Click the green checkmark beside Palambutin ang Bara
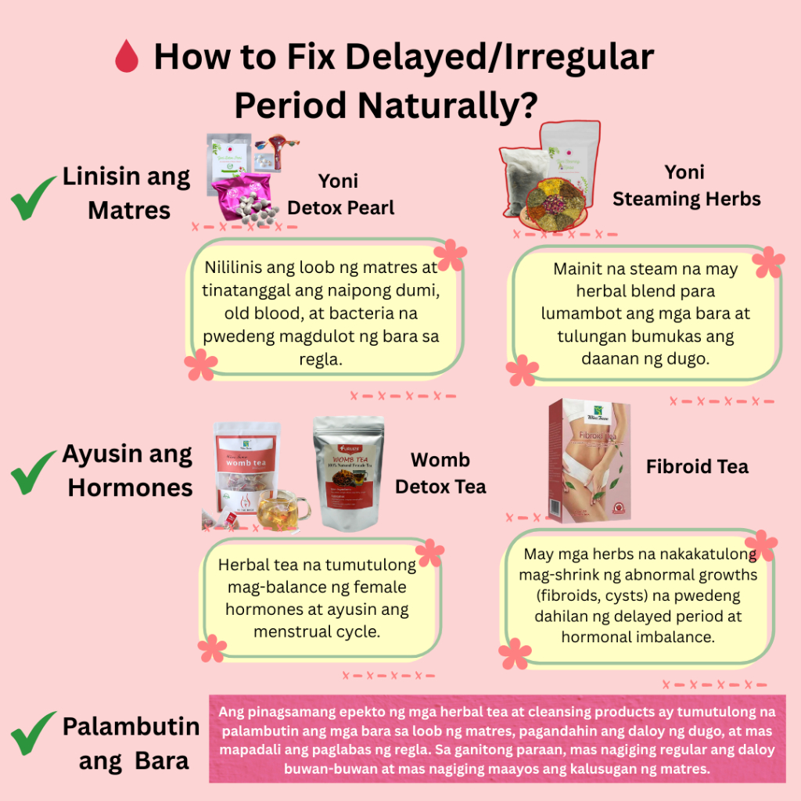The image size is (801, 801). (x=33, y=738)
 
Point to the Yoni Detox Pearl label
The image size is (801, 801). (x=340, y=194)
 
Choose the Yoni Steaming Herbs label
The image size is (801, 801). (x=686, y=185)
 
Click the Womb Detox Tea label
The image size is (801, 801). (x=440, y=472)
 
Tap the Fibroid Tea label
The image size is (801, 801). (x=697, y=467)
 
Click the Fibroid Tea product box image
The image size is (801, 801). (x=589, y=459)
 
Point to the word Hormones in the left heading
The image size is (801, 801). (x=130, y=487)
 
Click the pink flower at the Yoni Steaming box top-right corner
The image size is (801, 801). (x=770, y=263)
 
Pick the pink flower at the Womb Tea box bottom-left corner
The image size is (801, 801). (x=211, y=648)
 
